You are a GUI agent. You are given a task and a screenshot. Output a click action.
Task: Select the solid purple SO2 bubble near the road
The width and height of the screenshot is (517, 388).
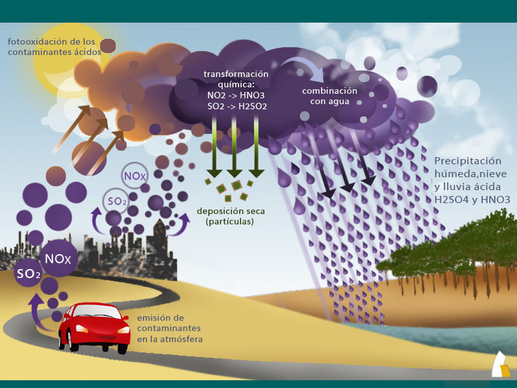(x=29, y=274)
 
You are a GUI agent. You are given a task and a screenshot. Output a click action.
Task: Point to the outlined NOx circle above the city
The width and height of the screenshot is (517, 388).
(x=134, y=175)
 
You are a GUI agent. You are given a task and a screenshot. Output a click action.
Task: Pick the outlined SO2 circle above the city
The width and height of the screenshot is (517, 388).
(x=117, y=201)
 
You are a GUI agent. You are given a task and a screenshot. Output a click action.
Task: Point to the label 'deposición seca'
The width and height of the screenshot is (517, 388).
(x=231, y=211)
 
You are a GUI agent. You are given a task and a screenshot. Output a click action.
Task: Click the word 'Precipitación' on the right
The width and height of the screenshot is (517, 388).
(x=468, y=161)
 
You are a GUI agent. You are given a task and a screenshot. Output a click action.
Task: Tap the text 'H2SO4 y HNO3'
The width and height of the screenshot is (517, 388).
(x=472, y=200)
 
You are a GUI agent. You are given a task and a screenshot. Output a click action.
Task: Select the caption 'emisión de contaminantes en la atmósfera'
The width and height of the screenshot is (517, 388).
(x=169, y=329)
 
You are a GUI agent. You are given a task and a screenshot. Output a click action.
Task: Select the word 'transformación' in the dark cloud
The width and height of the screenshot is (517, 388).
(x=236, y=74)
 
